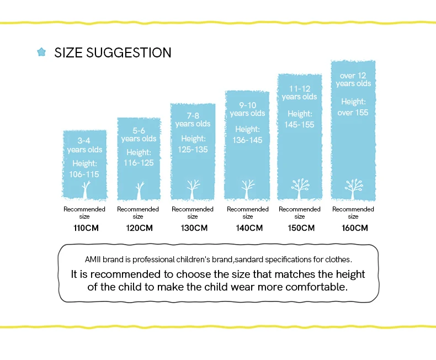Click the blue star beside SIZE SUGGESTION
click(x=41, y=52)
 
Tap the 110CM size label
click(x=84, y=227)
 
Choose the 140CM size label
click(x=248, y=227)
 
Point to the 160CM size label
click(x=353, y=227)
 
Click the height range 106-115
click(x=84, y=174)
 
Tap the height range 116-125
click(x=139, y=163)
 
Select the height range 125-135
click(x=193, y=149)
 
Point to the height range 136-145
click(x=247, y=140)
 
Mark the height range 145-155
click(x=300, y=124)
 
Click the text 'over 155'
click(x=353, y=112)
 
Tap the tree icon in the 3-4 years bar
click(x=86, y=189)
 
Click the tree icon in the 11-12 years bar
click(x=300, y=188)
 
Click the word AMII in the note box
click(x=93, y=259)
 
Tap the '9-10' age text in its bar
click(x=248, y=104)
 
